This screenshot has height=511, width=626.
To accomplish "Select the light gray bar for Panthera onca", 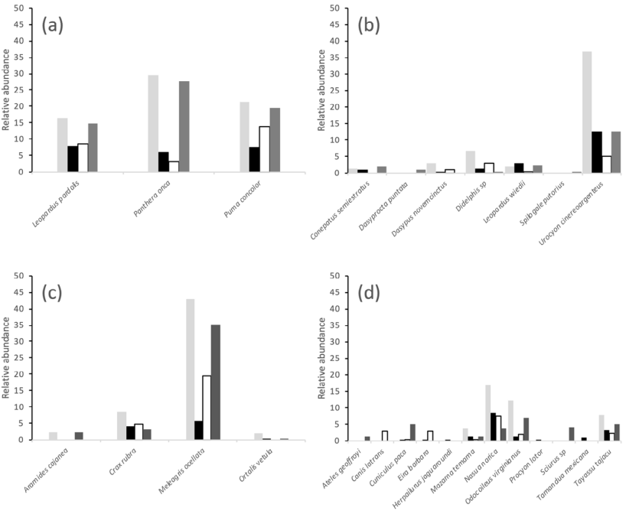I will pyautogui.click(x=153, y=123).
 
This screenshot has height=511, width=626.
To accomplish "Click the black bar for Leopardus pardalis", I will pyautogui.click(x=72, y=159).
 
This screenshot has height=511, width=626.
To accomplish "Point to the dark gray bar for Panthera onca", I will pyautogui.click(x=184, y=126).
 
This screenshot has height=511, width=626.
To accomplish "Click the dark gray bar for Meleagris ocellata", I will pyautogui.click(x=217, y=382).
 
